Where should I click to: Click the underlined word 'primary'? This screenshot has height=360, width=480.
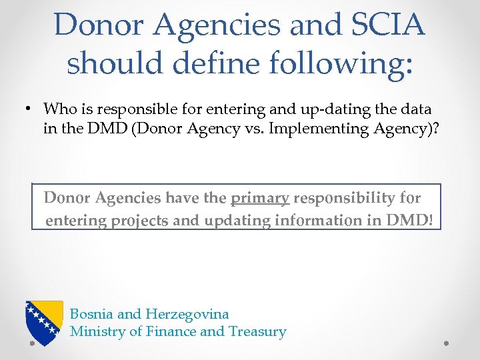point(260,198)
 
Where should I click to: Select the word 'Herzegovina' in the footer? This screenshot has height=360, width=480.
point(187,313)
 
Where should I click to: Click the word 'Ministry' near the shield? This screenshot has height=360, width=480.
point(95,331)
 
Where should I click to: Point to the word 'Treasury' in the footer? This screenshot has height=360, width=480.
point(257,331)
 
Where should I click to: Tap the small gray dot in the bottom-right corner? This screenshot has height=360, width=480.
point(447,344)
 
